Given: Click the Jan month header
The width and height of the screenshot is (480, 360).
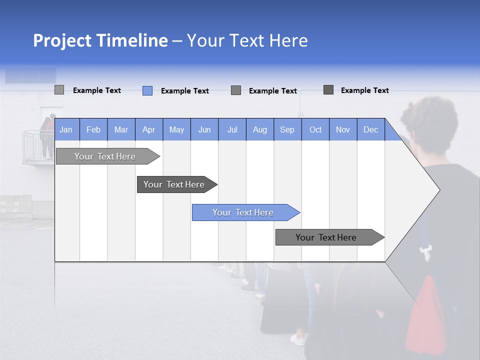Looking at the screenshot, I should pyautogui.click(x=66, y=129).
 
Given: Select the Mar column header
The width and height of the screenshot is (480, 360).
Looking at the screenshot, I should pyautogui.click(x=121, y=129).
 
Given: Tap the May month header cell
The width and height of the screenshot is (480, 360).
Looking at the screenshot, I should pyautogui.click(x=176, y=129).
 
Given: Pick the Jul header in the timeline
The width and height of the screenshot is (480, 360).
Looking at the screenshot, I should pyautogui.click(x=232, y=129).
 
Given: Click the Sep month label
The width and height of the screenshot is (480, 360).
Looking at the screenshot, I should pyautogui.click(x=287, y=129).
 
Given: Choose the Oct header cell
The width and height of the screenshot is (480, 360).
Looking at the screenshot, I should pyautogui.click(x=315, y=129).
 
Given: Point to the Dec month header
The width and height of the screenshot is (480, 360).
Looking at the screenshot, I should pyautogui.click(x=370, y=129).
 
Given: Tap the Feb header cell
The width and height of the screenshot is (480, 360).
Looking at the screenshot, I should pyautogui.click(x=93, y=129).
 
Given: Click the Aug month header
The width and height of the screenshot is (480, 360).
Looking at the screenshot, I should pyautogui.click(x=259, y=129).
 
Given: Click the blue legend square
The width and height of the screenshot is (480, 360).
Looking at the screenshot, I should pyautogui.click(x=147, y=90).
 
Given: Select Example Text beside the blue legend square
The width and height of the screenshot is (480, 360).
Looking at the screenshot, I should pyautogui.click(x=184, y=91).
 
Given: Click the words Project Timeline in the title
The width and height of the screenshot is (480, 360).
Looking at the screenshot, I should pyautogui.click(x=100, y=40).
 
